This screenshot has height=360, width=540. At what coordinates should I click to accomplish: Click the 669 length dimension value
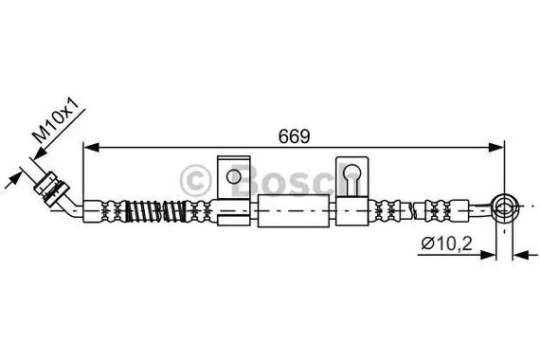(294, 136)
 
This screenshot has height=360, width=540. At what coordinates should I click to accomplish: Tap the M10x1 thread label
(57, 120)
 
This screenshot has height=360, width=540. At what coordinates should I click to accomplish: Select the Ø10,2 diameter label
(446, 243)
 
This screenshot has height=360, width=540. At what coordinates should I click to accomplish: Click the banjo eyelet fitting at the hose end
(505, 208)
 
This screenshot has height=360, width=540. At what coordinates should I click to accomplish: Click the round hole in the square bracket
(234, 177)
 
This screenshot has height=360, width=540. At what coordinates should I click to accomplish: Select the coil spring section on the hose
(156, 211)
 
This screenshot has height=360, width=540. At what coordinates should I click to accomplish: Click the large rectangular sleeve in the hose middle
(294, 210)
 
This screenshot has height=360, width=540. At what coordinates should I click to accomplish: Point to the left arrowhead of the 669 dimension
(91, 148)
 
